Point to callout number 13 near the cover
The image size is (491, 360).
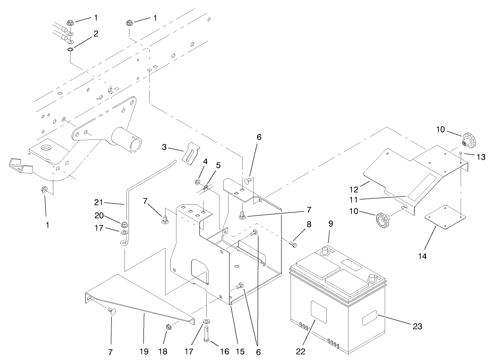click(481, 157)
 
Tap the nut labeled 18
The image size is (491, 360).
click(168, 327)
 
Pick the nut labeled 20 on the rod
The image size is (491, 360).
click(124, 223)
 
